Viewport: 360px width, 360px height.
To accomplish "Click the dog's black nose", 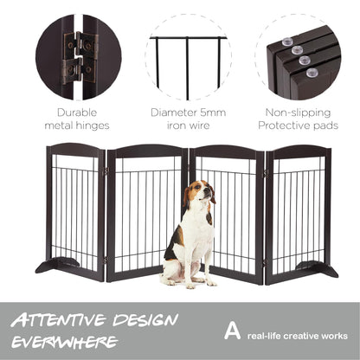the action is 208,190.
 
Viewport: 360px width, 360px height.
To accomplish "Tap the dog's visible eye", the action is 198,187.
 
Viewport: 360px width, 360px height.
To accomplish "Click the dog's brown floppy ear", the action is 186,197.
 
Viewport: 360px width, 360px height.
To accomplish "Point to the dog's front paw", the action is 190,286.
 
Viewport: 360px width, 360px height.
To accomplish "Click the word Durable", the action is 77,112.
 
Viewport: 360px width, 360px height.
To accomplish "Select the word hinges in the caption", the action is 93,125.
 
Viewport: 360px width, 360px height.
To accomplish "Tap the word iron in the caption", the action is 177,125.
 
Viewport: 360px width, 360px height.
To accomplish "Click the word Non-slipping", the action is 298,112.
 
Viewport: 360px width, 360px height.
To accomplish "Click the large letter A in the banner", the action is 232,331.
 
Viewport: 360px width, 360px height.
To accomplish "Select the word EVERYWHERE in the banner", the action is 65,342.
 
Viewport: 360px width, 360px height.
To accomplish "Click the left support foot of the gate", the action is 57,265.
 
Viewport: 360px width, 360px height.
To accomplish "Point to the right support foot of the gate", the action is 318,269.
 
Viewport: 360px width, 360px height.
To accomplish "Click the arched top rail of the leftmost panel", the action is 76,149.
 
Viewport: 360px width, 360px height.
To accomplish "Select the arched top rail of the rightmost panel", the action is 299,151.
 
